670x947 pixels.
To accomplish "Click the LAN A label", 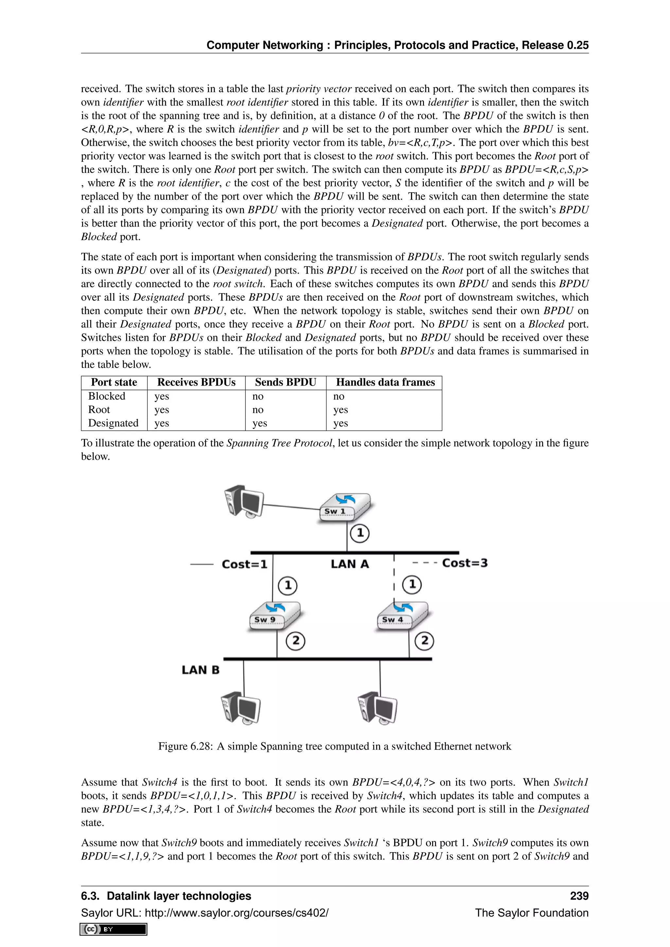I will (349, 564).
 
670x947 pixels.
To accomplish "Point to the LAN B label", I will (201, 669).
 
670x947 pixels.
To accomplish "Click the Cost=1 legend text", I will (245, 564).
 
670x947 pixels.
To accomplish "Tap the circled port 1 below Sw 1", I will (360, 533).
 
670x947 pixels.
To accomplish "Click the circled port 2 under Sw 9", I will (295, 641).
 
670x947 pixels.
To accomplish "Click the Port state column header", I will (114, 382).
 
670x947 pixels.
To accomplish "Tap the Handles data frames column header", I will (385, 382).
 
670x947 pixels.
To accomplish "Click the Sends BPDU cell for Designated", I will (259, 423).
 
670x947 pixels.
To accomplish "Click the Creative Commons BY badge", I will (114, 929).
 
